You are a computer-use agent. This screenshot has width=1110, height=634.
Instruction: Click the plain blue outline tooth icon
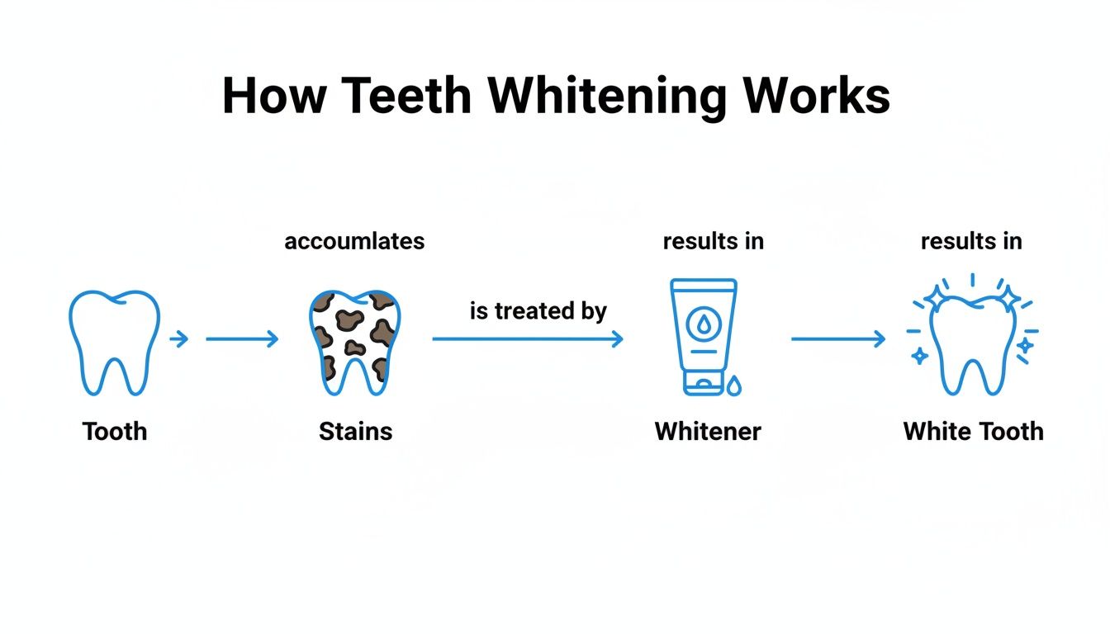coord(114,340)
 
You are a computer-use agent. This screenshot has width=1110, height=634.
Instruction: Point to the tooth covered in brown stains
coord(355,340)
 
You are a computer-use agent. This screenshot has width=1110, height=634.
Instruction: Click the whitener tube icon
coord(703,334)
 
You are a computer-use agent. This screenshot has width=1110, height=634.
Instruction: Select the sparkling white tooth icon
coord(972,340)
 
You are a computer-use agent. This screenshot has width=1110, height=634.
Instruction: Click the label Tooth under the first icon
coord(114,431)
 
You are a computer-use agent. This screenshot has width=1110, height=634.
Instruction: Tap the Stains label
coord(355,431)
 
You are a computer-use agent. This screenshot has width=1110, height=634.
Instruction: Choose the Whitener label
coord(708,431)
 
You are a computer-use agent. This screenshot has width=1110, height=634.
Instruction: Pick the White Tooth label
coord(973,431)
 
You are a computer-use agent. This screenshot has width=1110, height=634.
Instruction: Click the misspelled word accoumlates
coord(354,241)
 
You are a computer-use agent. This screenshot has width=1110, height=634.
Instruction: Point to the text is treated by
coord(538,311)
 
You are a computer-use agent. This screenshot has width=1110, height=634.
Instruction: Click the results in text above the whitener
coord(713,241)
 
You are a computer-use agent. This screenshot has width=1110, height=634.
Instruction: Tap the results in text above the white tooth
coord(971,241)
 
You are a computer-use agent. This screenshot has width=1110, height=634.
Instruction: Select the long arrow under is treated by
coord(527,338)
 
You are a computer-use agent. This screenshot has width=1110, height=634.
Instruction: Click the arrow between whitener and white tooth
coord(837,338)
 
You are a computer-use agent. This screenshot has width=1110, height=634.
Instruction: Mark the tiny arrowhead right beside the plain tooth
coord(178,338)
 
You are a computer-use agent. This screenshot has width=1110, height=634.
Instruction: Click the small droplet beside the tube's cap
coord(734,385)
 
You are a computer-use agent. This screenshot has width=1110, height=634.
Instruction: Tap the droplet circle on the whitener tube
coord(703,324)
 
